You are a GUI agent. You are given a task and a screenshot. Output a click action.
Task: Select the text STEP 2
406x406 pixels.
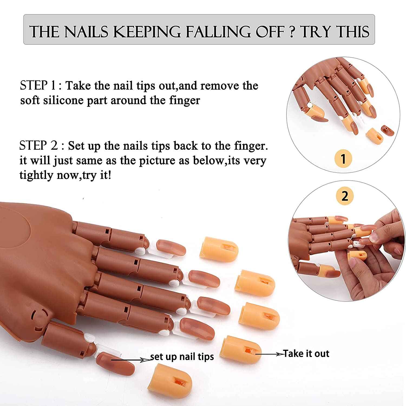coord(38,146)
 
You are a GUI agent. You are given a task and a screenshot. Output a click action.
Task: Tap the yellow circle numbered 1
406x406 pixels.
coord(343,159)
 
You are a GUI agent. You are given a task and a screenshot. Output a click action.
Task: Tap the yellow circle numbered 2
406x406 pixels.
coord(345,195)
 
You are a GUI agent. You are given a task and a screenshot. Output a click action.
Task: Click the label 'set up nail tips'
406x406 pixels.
coord(182,356)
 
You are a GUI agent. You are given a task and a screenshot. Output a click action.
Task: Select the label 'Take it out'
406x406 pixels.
coord(306,353)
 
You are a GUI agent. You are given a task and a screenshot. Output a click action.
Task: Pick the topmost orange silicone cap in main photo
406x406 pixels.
coord(219,249)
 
